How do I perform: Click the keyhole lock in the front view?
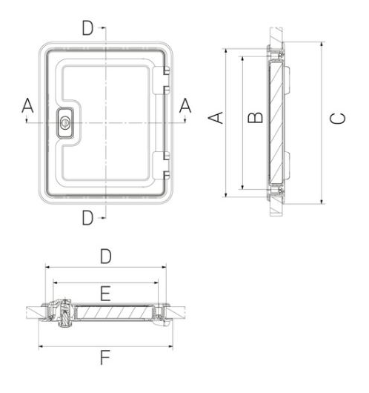click(65, 123)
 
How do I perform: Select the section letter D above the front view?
click(87, 27)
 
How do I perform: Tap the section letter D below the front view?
click(87, 217)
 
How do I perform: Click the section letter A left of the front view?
click(27, 105)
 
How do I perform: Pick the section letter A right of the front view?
click(185, 105)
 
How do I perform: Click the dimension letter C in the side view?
click(337, 119)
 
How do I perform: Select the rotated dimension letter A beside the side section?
click(216, 118)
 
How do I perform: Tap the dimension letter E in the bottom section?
click(105, 294)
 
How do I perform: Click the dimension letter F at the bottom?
click(105, 357)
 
